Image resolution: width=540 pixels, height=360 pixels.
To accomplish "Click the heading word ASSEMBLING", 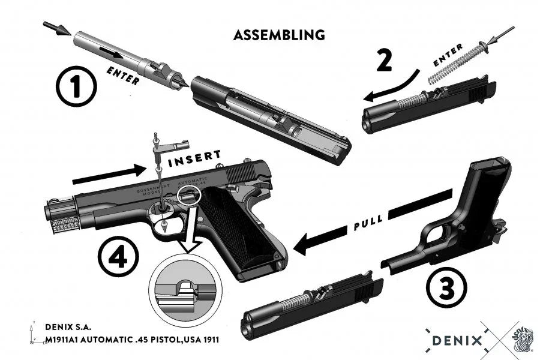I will pos(279,35).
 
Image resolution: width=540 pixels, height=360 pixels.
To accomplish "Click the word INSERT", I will pos(194,160).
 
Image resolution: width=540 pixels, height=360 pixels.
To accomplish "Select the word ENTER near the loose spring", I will pos(448,56).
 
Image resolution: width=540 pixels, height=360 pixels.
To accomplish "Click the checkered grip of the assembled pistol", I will pos(237,228).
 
